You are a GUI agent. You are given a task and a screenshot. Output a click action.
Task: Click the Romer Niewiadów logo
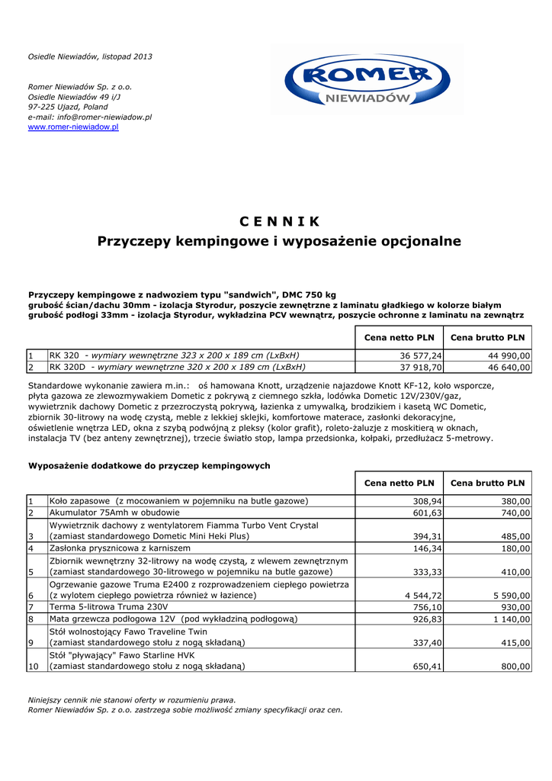coord(367,81)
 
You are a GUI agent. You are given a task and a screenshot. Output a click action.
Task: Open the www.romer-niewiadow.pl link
coord(73,127)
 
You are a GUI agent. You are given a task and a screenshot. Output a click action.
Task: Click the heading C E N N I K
coord(279,222)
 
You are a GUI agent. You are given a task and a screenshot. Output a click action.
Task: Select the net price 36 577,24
coord(422,355)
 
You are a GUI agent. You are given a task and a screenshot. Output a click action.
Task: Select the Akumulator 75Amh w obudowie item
coord(114,513)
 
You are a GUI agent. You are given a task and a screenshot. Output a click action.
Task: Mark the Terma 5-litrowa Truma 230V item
coord(108,607)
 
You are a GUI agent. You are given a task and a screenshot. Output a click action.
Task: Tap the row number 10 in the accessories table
coord(33,667)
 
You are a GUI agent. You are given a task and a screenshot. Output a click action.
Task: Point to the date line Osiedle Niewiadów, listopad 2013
coord(90,57)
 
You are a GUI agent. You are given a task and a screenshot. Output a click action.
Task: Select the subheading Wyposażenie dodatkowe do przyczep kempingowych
coord(149,465)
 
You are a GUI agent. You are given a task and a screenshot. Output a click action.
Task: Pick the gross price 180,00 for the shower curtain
coord(515,548)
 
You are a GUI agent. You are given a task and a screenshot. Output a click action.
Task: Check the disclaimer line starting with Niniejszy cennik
coord(132,699)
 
